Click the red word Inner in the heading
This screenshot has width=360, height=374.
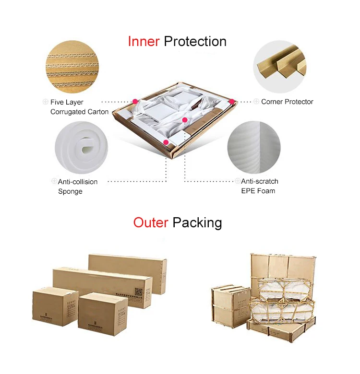coord(143,42)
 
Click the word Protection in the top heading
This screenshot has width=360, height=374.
coord(195,42)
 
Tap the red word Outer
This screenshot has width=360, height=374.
coord(151,222)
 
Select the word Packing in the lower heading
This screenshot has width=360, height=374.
coord(197,223)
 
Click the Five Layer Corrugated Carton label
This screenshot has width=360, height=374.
coord(79,107)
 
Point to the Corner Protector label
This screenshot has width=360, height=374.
coord(287,102)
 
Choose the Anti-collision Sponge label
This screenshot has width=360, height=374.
coord(77,187)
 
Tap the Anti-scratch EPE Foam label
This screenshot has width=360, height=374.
coord(259,186)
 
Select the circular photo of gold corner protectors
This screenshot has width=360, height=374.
coord(280,66)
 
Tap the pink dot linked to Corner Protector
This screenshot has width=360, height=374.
coord(231,102)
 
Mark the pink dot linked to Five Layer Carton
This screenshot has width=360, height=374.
coord(135,102)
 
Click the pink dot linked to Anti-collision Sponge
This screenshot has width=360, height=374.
coord(166,142)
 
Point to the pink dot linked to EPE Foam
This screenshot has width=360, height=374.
coord(185,120)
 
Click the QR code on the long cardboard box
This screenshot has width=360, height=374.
coord(139,292)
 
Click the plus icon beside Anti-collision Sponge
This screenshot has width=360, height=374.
coord(54,181)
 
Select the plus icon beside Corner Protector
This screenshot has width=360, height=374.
coord(257,102)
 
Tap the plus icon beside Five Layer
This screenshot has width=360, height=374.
coord(46,102)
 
